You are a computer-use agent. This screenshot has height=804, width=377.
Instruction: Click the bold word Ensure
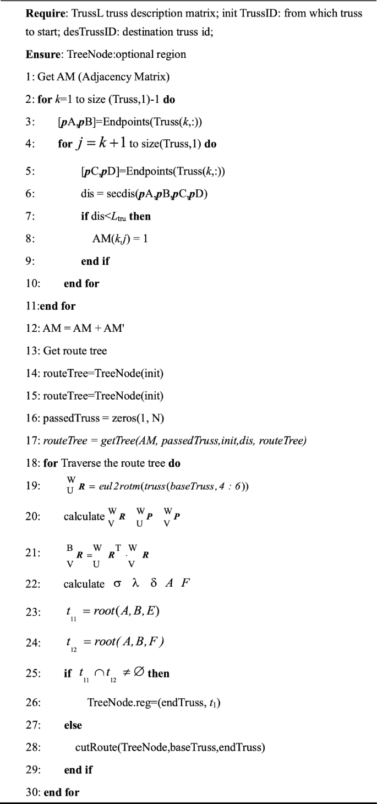tap(42, 55)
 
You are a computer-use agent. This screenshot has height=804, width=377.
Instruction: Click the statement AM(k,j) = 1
tap(120, 239)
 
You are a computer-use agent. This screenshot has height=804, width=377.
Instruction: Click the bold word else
tap(73, 725)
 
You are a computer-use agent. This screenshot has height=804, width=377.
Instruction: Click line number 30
tap(32, 792)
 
